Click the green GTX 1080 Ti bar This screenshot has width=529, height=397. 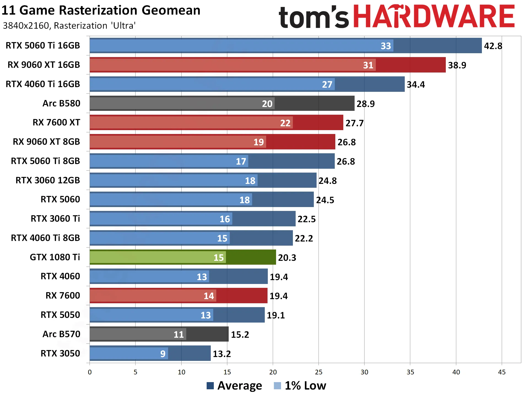click(x=183, y=257)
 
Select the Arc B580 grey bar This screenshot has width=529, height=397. click(x=222, y=103)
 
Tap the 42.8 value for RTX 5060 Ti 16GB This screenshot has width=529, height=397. click(x=493, y=46)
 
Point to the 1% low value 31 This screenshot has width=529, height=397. click(x=368, y=65)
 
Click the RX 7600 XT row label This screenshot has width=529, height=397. click(x=56, y=122)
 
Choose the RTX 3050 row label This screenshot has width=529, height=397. click(x=60, y=353)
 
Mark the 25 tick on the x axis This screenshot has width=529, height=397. click(x=319, y=372)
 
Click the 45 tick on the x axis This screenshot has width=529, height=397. click(x=502, y=372)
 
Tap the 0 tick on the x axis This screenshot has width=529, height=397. click(x=90, y=372)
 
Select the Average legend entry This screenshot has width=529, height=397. click(x=234, y=385)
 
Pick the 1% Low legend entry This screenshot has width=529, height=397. click(x=300, y=385)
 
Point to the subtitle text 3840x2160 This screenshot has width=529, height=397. click(x=26, y=26)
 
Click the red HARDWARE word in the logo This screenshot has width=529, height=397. click(x=434, y=17)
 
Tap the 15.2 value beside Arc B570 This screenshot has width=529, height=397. click(x=240, y=334)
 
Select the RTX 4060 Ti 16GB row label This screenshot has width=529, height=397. click(x=43, y=84)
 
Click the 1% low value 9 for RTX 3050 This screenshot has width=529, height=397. click(x=163, y=354)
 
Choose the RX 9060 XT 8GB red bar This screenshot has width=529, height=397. click(x=212, y=142)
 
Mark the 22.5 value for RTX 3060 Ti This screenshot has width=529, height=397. click(x=307, y=219)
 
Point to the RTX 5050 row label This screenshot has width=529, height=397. click(x=60, y=315)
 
